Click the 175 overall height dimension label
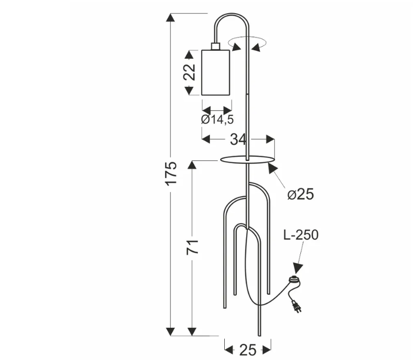(x=171, y=173)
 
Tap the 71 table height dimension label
(x=193, y=247)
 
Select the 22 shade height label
(x=190, y=72)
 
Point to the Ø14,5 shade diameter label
(x=217, y=119)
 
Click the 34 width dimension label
(x=238, y=140)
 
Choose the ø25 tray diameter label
(x=301, y=194)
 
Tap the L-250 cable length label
(x=301, y=235)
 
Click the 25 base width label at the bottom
(x=248, y=350)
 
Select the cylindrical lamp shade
(x=216, y=72)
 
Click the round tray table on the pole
(x=247, y=160)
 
